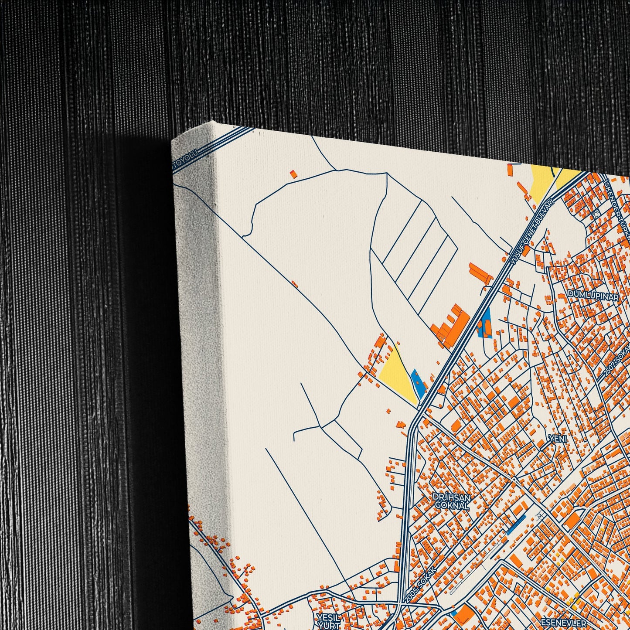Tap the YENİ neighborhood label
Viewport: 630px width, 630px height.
pos(558,439)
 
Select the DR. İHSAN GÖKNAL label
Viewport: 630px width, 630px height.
pos(451,502)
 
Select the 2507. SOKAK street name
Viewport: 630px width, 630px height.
pos(616,363)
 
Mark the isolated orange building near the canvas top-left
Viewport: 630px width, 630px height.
pos(294,174)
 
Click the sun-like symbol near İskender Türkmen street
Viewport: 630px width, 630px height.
pos(596,213)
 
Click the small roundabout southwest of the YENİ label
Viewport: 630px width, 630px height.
pos(515,479)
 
